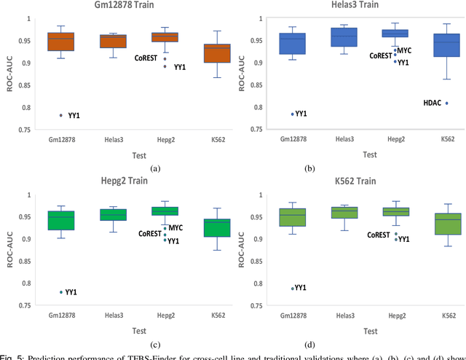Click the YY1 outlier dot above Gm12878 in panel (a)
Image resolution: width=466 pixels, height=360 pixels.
coord(60,115)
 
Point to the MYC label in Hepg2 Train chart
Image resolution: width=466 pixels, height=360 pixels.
coord(175,228)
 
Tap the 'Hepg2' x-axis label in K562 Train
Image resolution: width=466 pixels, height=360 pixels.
coord(395,318)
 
